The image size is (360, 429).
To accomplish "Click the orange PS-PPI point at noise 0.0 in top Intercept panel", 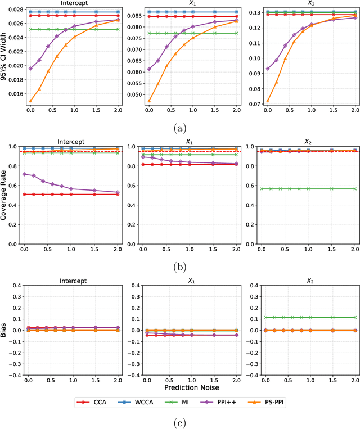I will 30,101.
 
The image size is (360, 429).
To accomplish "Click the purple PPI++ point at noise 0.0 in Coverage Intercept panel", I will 23,174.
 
